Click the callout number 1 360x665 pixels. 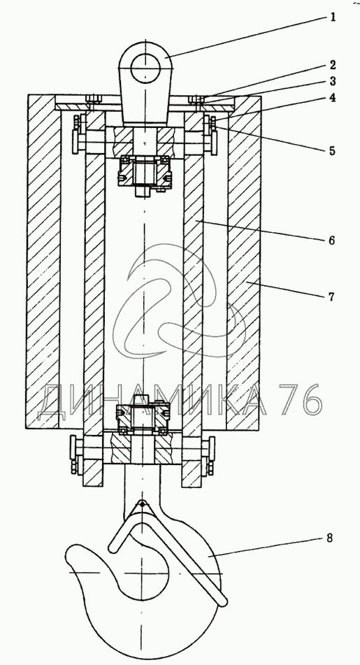333,17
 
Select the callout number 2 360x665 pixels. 333,65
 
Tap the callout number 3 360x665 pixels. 333,81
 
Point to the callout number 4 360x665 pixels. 333,97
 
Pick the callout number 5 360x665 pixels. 332,150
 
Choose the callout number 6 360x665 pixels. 331,241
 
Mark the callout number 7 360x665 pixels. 331,296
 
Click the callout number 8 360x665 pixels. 329,538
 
